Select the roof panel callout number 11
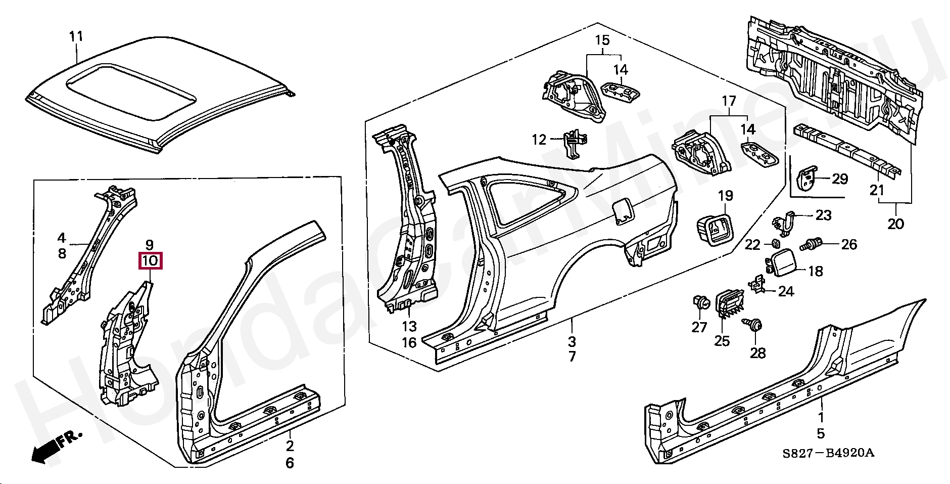pyautogui.click(x=76, y=36)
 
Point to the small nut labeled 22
pyautogui.click(x=774, y=244)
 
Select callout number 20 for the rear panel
pyautogui.click(x=895, y=223)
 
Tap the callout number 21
pyautogui.click(x=877, y=190)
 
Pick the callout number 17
pyautogui.click(x=729, y=102)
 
